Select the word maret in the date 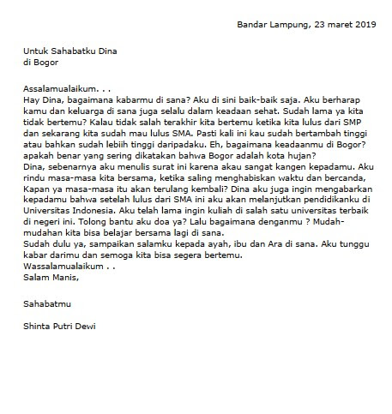(333, 24)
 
